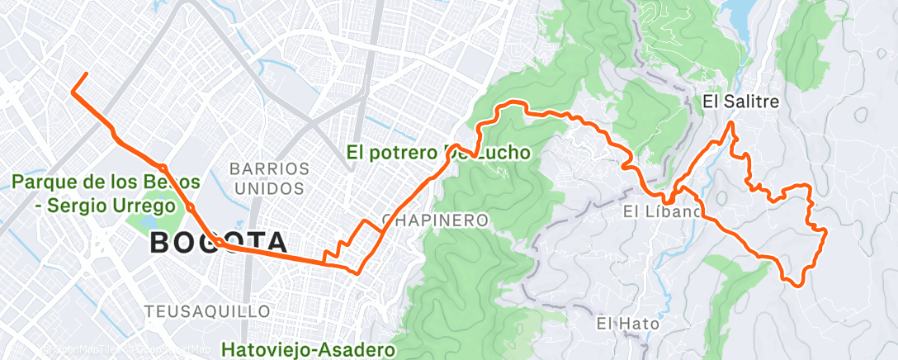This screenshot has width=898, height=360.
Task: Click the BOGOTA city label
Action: point(219,243)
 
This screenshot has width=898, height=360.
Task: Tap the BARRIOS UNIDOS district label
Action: point(270,178)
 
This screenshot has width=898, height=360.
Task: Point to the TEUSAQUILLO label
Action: point(207,311)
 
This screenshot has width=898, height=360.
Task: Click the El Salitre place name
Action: point(740,102)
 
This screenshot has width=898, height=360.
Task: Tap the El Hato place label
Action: point(628,324)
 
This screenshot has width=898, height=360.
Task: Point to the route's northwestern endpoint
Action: point(86,74)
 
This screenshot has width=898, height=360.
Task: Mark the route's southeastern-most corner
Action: point(797,284)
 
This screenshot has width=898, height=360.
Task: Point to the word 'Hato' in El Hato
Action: point(640,324)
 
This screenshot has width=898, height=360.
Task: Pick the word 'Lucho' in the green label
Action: point(500,152)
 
